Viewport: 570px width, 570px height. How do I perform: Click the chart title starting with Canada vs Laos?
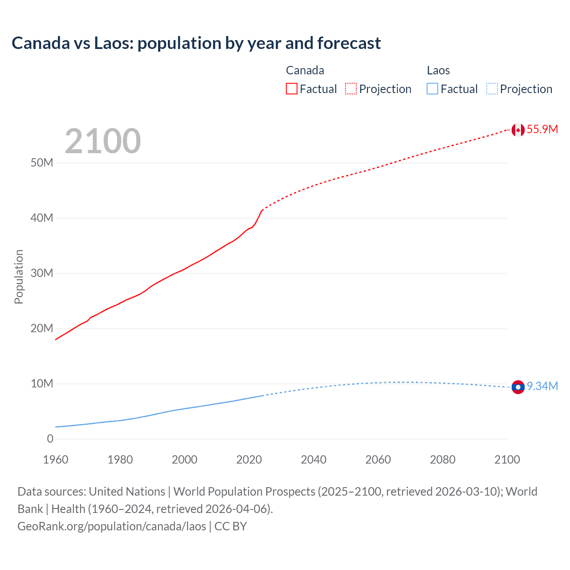click(x=196, y=43)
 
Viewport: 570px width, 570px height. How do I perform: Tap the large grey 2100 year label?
click(x=103, y=141)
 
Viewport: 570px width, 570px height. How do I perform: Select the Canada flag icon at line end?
click(x=518, y=130)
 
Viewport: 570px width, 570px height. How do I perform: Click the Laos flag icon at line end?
click(x=518, y=387)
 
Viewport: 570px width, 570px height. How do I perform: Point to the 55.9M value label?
click(x=542, y=130)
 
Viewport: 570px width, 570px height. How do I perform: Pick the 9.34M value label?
click(x=542, y=386)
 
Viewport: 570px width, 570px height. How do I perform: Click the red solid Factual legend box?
click(x=291, y=89)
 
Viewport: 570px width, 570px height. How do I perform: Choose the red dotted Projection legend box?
click(x=351, y=89)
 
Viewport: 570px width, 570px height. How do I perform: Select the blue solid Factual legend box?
click(x=432, y=89)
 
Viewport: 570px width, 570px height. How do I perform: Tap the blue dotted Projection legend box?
click(x=492, y=89)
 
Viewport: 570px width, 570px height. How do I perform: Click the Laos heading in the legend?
click(x=438, y=70)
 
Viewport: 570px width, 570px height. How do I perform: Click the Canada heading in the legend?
click(x=305, y=70)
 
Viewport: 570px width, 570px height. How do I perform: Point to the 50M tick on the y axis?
click(x=42, y=163)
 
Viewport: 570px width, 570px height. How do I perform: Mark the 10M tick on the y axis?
click(x=42, y=384)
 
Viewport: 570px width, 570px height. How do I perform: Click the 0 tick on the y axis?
click(x=50, y=439)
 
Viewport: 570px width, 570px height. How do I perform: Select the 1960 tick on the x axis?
click(x=56, y=460)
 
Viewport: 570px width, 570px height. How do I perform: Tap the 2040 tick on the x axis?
click(x=313, y=460)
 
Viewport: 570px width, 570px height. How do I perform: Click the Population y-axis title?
click(x=19, y=277)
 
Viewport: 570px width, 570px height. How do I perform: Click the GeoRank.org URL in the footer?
click(x=112, y=526)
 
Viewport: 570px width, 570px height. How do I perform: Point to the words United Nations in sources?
click(x=127, y=492)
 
